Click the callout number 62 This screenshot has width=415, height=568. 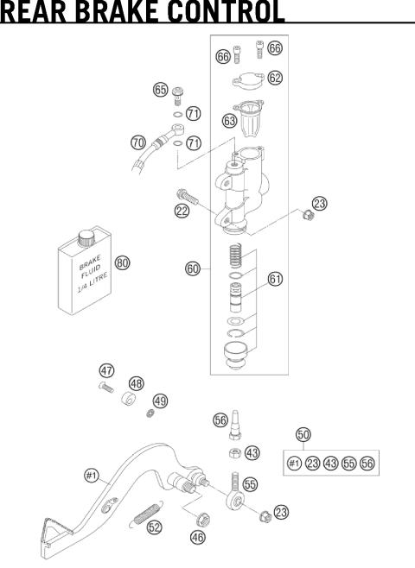[275, 78]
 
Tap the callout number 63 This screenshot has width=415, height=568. [230, 123]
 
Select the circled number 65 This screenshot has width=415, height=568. [160, 89]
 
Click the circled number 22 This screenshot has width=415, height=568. [182, 211]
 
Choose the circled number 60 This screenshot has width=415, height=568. [193, 268]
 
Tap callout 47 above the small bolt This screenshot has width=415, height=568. [105, 370]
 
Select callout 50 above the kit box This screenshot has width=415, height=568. [303, 434]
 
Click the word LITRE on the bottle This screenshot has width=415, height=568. [92, 287]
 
